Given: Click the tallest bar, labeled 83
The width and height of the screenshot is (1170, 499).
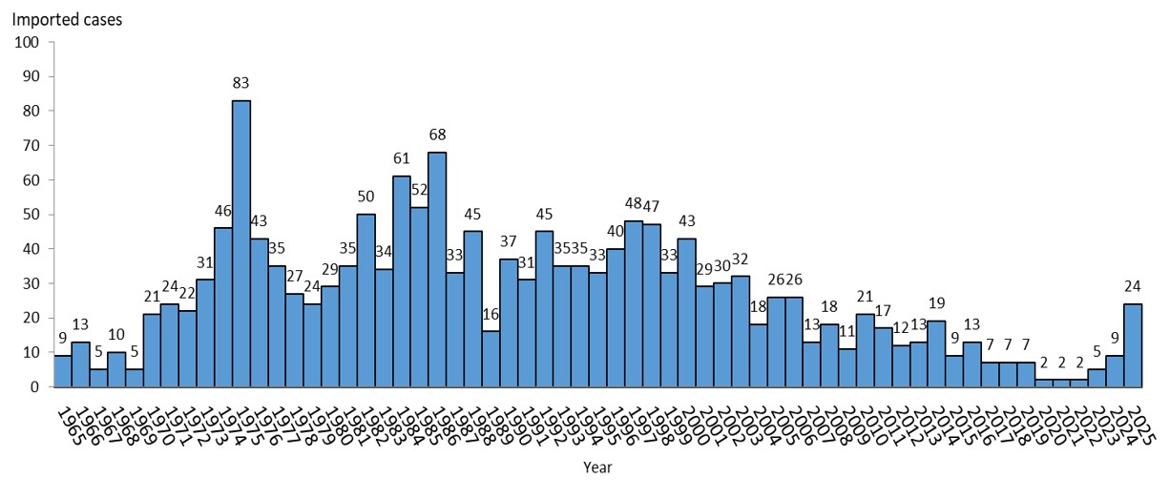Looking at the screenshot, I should coord(241,243).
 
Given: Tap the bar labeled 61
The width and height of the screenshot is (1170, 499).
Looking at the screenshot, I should coord(402,281).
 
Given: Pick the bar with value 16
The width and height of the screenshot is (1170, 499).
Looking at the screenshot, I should coord(491,360).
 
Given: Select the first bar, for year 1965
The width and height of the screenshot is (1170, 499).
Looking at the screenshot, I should coord(62,371).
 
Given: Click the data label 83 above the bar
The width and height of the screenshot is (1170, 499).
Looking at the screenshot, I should coord(241,85).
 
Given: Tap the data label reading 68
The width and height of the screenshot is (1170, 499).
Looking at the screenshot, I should coord(437,135).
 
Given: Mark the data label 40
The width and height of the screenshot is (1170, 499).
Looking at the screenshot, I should coord(616,233).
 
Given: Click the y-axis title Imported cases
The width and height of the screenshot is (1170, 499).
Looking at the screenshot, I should coord(67,18).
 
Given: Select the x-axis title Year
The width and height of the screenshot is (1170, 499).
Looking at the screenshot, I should coord(597,468).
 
